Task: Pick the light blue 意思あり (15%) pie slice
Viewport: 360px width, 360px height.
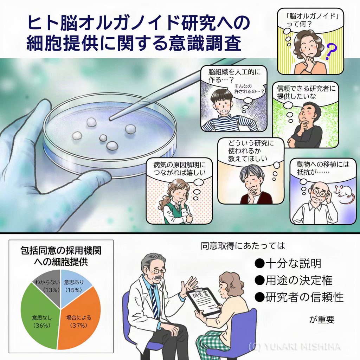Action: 74,283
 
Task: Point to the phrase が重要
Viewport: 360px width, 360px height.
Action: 321,320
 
